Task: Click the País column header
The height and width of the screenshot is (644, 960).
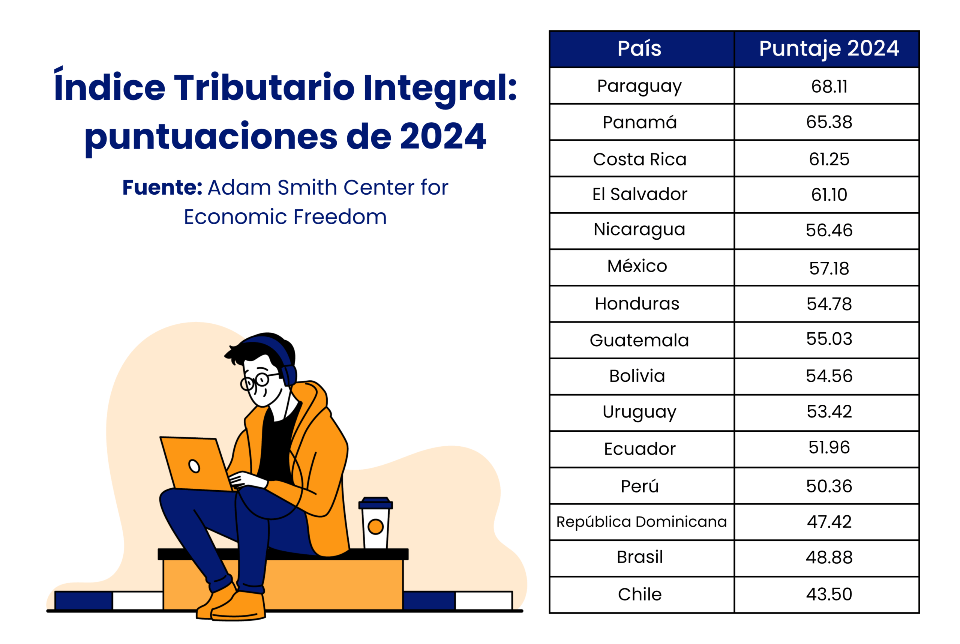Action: click(x=639, y=48)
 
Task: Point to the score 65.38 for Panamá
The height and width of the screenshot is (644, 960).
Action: click(x=829, y=122)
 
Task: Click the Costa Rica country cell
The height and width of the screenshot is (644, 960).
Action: click(x=640, y=159)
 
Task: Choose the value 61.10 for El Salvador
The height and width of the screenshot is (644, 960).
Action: click(x=829, y=195)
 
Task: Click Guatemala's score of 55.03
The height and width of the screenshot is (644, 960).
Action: click(x=829, y=339)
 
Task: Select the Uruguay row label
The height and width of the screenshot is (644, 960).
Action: click(x=639, y=412)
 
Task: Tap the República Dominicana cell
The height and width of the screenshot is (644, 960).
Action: click(x=641, y=522)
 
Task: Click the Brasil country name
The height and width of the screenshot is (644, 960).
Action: click(x=640, y=557)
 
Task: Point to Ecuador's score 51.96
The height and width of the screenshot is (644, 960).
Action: click(x=829, y=447)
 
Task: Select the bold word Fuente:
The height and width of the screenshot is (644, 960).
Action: click(x=163, y=187)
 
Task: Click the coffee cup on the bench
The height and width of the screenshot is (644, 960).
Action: click(x=375, y=523)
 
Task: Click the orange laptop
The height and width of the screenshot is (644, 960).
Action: click(x=196, y=464)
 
